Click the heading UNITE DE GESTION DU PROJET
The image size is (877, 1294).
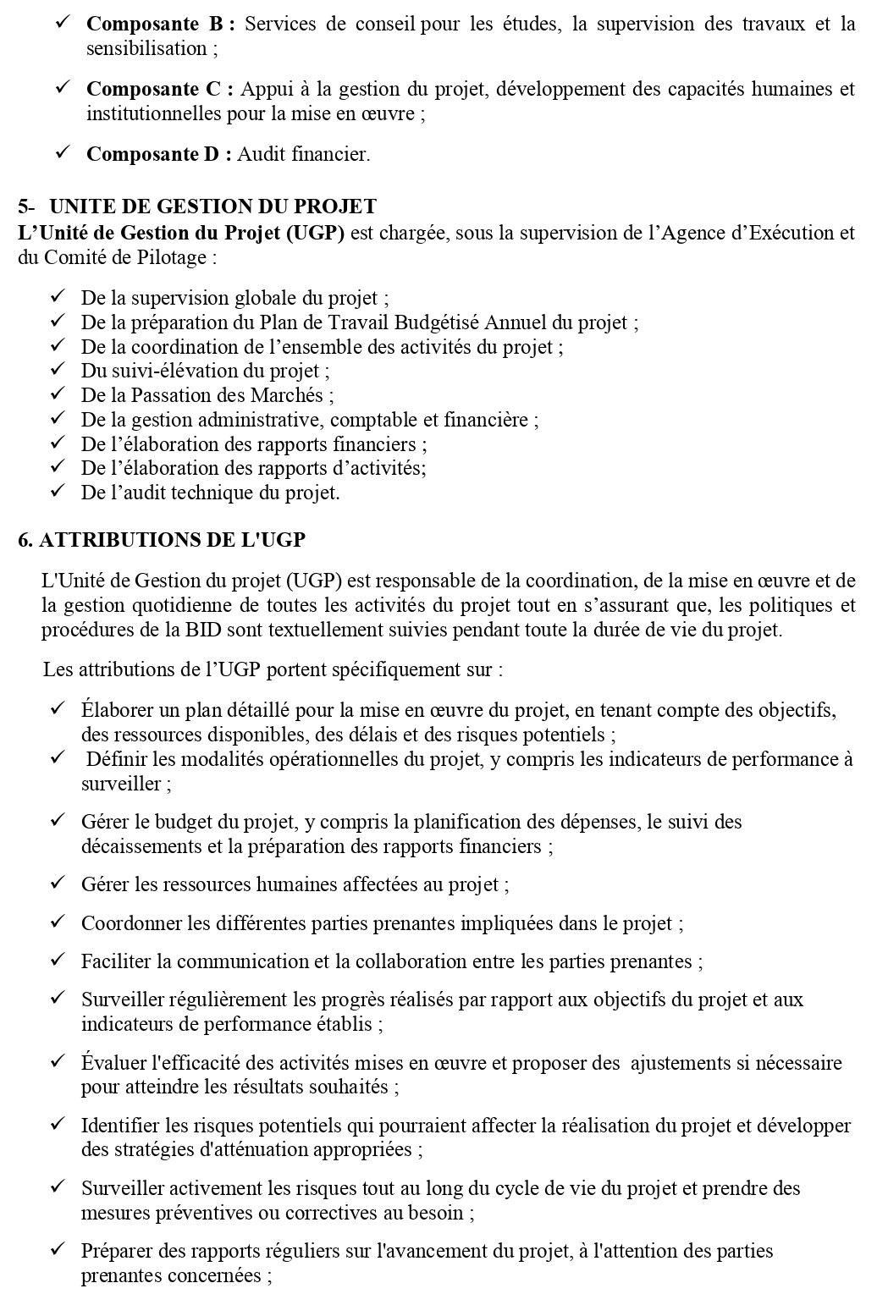212,206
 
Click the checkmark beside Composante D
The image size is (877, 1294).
63,153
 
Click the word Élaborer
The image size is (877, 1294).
114,709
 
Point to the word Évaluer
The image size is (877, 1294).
113,1062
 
